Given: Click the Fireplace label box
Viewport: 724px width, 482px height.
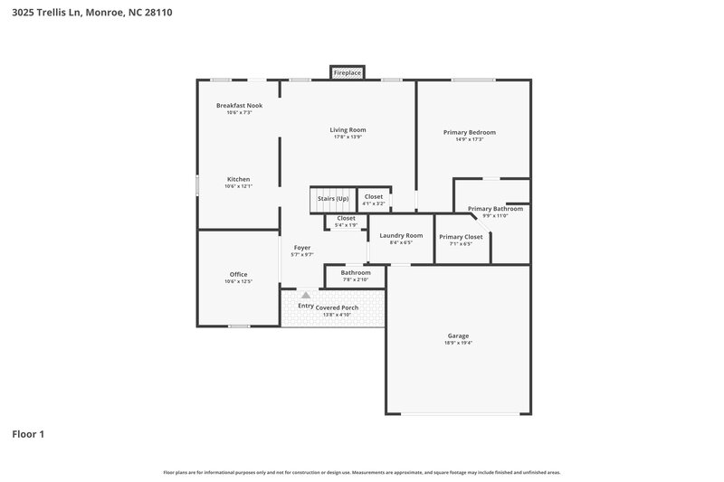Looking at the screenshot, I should (348, 72).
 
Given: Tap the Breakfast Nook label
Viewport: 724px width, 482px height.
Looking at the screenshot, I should (239, 106).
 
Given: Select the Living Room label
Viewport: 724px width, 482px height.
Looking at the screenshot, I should (348, 130).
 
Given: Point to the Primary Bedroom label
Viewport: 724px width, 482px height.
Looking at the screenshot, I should (469, 133).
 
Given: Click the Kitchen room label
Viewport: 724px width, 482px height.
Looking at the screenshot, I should (238, 179).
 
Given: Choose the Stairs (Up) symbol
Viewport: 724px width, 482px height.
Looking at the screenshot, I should (332, 199).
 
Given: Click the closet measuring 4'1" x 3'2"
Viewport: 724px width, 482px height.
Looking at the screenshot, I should (373, 196).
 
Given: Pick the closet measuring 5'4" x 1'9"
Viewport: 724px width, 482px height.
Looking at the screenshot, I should (346, 218).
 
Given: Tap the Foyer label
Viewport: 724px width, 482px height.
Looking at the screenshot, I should (301, 248).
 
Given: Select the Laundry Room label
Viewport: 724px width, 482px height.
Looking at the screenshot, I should (401, 236).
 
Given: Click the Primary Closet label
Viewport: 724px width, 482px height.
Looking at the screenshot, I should (462, 237).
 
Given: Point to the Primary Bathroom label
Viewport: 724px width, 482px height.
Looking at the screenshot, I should (495, 209).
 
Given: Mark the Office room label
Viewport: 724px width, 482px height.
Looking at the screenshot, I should (238, 275).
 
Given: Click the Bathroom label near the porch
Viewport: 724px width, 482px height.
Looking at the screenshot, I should (355, 272).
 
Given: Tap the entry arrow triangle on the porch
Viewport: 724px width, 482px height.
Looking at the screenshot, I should (306, 295).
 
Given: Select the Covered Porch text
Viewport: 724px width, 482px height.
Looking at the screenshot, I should (337, 307).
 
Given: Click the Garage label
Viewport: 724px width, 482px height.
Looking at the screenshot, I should (458, 336).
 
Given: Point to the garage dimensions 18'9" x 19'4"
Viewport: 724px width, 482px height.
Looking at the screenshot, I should (458, 343).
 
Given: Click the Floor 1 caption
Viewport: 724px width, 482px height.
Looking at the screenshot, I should (28, 434).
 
